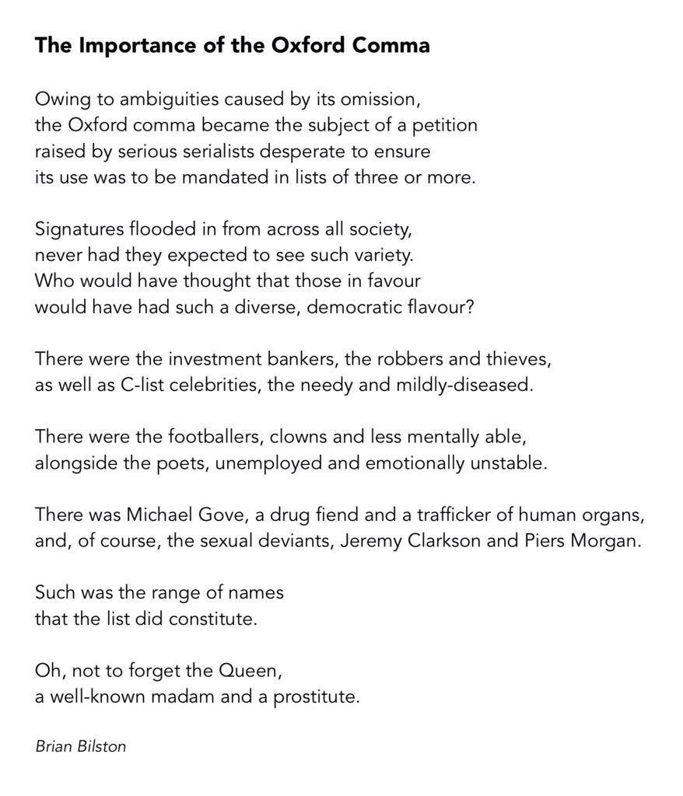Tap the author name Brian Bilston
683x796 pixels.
[80, 746]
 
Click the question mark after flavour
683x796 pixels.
[470, 306]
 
